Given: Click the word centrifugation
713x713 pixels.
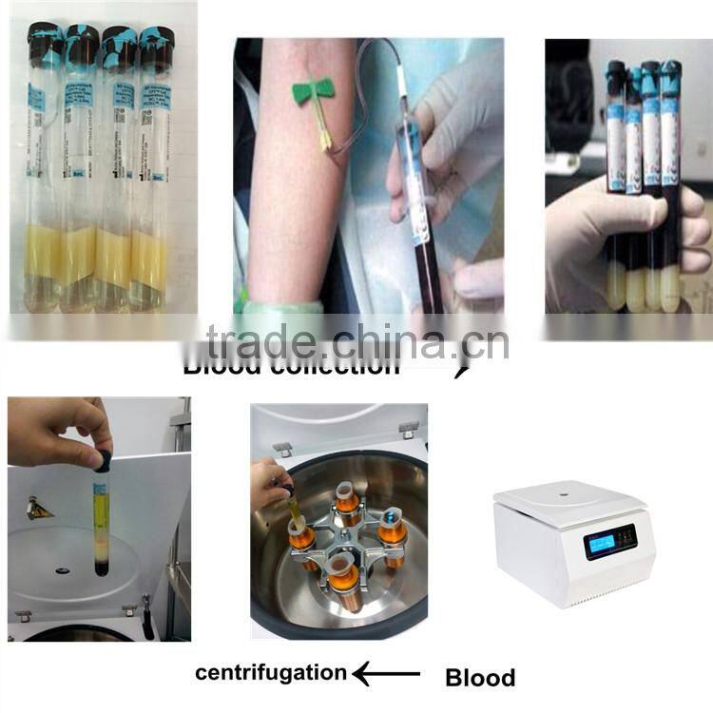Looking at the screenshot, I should click(x=271, y=673).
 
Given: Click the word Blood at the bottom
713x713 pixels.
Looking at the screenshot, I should click(x=480, y=678).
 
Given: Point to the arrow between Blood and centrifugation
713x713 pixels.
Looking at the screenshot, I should click(x=386, y=674).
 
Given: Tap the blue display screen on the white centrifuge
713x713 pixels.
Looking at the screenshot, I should click(x=608, y=542).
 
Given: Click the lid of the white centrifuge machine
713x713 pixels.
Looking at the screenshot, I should click(x=570, y=496).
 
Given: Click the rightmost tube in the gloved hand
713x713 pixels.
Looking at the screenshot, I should click(x=671, y=190).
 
